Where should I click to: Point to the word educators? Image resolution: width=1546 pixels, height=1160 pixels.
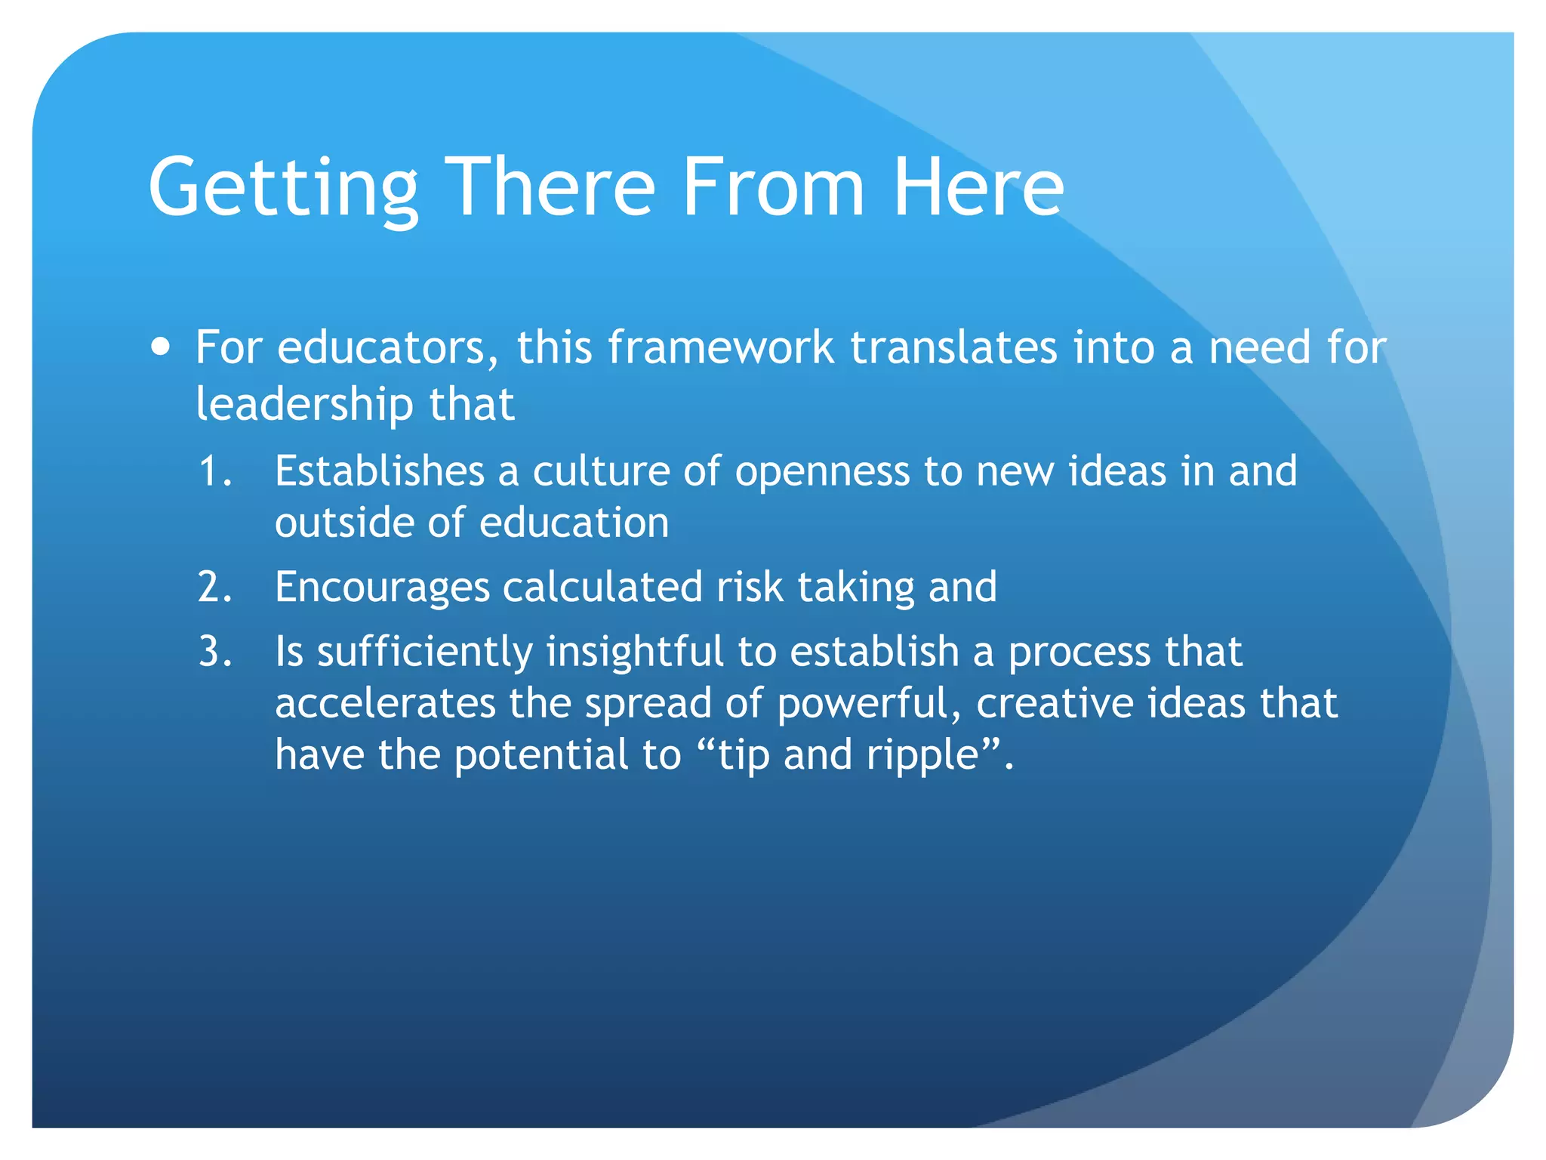(388, 347)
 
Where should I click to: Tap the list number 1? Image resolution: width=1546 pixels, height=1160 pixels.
(214, 471)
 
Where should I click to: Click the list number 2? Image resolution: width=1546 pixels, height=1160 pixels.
(214, 587)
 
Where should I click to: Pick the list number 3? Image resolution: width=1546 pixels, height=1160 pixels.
(214, 652)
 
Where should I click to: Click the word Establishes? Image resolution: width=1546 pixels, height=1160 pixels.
(379, 471)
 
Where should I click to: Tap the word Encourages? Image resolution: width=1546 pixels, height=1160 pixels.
(382, 588)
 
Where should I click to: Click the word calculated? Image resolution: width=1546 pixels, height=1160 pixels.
(602, 587)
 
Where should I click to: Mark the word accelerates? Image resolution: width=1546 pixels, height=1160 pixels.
(384, 703)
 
